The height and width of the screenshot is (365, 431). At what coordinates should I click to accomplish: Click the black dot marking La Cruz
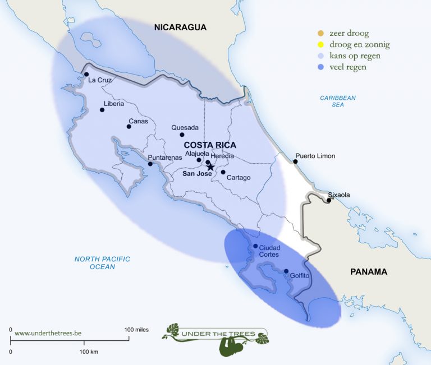(x=86, y=74)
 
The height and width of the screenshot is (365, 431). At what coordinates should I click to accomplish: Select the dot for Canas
(x=129, y=126)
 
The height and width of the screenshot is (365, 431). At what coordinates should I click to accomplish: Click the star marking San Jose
(x=210, y=167)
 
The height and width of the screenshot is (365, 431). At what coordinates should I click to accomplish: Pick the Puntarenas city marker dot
(x=150, y=164)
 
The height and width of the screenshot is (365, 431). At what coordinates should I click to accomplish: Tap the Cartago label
(x=239, y=178)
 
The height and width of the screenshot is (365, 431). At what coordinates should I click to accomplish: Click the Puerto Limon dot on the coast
(x=295, y=161)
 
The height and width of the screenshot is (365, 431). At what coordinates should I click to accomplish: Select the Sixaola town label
(x=339, y=195)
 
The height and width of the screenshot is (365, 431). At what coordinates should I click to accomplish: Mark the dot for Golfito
(x=286, y=271)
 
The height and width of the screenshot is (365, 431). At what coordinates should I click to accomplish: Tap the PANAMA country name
(x=369, y=272)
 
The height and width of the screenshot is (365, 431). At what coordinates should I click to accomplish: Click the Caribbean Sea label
(x=338, y=101)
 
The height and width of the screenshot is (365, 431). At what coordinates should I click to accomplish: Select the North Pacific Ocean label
(x=102, y=262)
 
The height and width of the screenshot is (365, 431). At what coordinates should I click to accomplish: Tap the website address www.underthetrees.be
(x=48, y=333)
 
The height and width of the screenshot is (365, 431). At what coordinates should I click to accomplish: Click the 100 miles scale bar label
(x=136, y=330)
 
